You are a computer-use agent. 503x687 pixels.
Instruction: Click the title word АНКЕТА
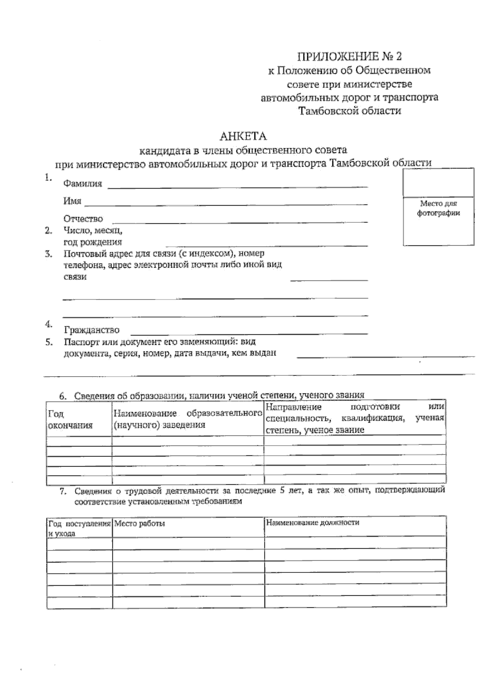click(244, 136)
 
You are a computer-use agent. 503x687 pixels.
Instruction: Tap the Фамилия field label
click(83, 183)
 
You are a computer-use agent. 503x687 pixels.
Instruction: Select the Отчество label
click(83, 219)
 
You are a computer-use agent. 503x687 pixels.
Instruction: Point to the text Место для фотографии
click(438, 208)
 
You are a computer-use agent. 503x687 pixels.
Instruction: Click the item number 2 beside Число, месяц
click(49, 230)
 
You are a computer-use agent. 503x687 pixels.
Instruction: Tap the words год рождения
click(92, 242)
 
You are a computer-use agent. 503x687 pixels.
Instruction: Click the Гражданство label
click(91, 330)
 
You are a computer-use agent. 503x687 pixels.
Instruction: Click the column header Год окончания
click(70, 420)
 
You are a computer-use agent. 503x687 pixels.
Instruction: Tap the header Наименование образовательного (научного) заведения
click(185, 419)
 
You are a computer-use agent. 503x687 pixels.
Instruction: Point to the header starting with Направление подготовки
click(354, 418)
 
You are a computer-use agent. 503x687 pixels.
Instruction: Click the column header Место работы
click(140, 524)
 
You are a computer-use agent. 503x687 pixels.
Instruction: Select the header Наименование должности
click(312, 522)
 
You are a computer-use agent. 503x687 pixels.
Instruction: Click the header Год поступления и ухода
click(79, 528)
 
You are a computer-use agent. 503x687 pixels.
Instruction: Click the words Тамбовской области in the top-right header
click(349, 111)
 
